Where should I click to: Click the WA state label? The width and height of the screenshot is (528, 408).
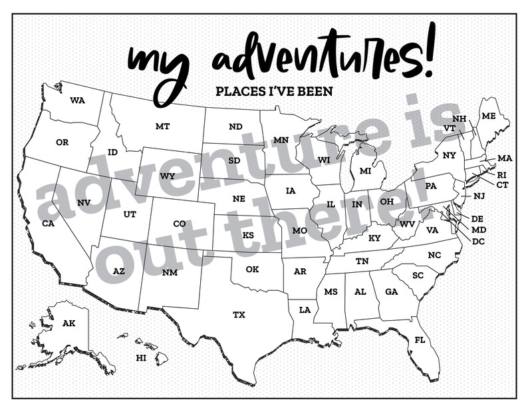pyautogui.click(x=77, y=101)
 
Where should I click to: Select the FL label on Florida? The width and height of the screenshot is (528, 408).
pyautogui.click(x=420, y=340)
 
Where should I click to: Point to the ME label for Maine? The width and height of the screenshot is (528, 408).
pyautogui.click(x=489, y=116)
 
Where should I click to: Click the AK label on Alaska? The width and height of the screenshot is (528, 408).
pyautogui.click(x=68, y=323)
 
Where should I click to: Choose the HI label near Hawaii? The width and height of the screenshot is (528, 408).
pyautogui.click(x=141, y=357)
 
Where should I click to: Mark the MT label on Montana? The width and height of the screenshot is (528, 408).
pyautogui.click(x=162, y=126)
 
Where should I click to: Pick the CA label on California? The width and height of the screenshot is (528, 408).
pyautogui.click(x=48, y=224)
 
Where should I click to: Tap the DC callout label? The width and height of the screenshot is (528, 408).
pyautogui.click(x=478, y=241)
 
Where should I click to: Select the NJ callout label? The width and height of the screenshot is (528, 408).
pyautogui.click(x=479, y=196)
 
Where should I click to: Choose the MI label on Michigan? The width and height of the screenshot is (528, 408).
pyautogui.click(x=365, y=171)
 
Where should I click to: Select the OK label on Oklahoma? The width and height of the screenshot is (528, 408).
pyautogui.click(x=252, y=270)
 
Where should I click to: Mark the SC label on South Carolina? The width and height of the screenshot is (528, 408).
pyautogui.click(x=418, y=275)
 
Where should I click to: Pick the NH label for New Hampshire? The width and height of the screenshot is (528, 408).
pyautogui.click(x=459, y=119)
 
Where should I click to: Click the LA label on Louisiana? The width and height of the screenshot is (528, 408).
pyautogui.click(x=305, y=310)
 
